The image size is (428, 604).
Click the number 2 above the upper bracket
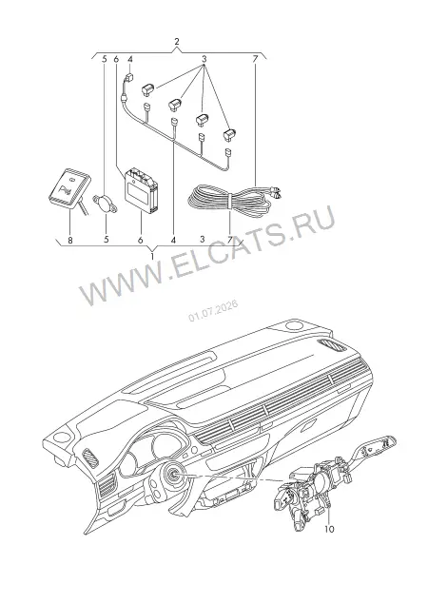177,42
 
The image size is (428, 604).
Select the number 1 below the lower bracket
153,256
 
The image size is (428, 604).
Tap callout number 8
69,240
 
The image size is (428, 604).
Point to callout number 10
329,529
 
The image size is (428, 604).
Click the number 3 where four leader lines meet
204,59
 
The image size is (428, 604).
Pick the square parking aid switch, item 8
69,187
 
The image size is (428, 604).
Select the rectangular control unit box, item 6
142,190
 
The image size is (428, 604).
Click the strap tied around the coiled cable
228,203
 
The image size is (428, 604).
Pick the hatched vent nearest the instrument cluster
91,458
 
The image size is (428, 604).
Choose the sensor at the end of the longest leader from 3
229,133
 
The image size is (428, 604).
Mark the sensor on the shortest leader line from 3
148,89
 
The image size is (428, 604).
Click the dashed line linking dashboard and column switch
235,478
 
